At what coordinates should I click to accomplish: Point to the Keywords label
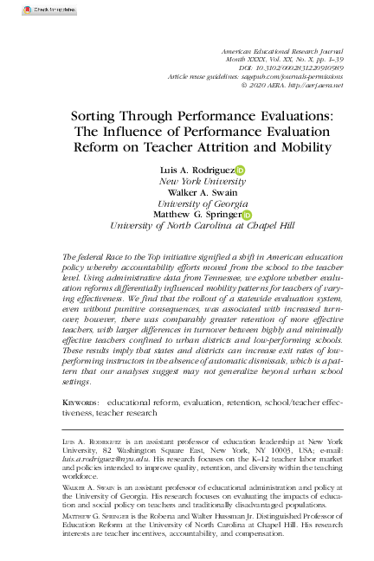click(x=81, y=403)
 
